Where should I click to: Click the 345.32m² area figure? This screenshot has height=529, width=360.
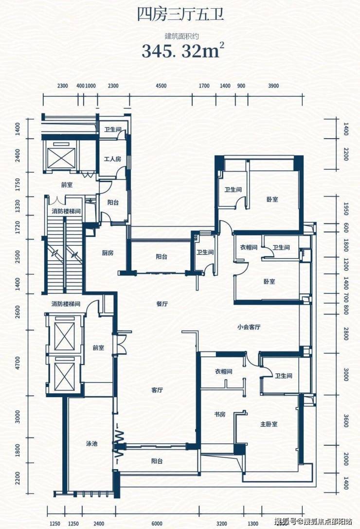click(x=183, y=51)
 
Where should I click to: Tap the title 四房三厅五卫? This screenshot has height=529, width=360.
click(x=180, y=15)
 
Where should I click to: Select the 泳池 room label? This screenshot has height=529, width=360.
click(x=91, y=443)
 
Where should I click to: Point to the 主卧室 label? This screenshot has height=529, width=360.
click(x=269, y=424)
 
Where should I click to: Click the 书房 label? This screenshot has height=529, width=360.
click(x=219, y=414)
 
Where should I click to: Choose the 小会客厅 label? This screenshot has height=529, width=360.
click(x=249, y=327)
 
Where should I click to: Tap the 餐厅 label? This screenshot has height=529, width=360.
click(x=162, y=304)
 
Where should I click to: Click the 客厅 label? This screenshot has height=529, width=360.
click(x=157, y=390)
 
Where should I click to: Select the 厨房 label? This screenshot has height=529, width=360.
click(x=108, y=253)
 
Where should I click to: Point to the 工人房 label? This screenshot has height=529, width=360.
click(x=112, y=159)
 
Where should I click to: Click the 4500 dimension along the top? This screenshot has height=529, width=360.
click(x=161, y=86)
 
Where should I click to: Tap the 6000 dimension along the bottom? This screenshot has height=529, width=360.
click(x=157, y=524)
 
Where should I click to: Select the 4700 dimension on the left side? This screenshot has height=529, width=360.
click(x=18, y=363)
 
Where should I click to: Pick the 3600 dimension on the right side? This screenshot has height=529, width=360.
click(x=346, y=420)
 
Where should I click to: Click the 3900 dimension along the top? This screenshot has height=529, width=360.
click(x=273, y=86)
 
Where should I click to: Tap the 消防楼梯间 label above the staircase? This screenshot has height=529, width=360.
click(x=66, y=212)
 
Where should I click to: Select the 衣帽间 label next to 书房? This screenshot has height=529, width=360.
click(x=224, y=371)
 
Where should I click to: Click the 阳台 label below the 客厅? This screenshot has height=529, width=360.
click(x=157, y=461)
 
